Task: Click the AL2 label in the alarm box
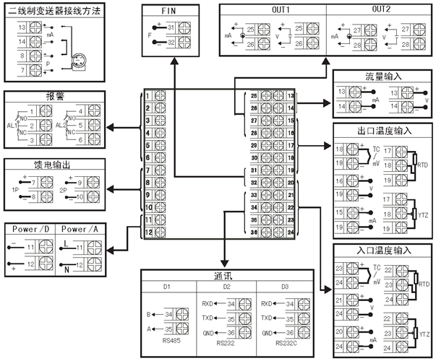point(61,124)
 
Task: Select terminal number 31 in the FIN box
point(170,27)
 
